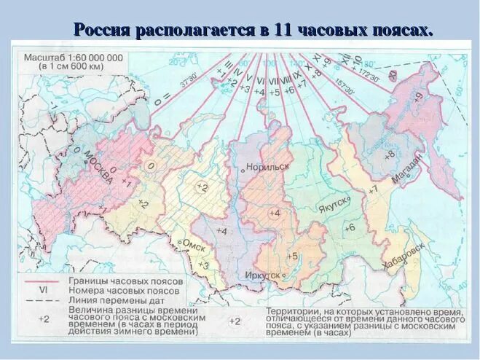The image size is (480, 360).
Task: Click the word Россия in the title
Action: [101, 31]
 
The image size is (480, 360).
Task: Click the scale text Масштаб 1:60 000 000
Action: [73, 57]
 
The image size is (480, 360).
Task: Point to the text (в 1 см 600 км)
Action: [73, 67]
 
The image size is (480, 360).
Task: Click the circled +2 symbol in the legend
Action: [235, 321]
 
